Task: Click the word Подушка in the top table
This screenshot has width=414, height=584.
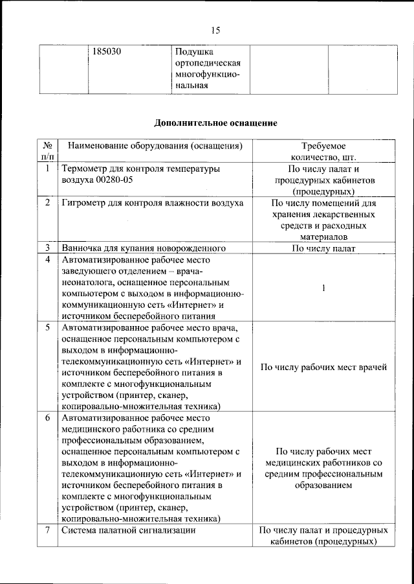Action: (195, 51)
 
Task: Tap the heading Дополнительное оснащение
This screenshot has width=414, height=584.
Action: (215, 121)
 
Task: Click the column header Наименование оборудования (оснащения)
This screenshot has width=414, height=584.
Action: (155, 146)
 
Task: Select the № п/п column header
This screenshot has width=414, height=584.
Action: (47, 152)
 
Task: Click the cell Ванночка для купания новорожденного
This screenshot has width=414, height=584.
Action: (143, 248)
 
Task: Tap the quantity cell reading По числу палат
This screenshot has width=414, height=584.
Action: (323, 248)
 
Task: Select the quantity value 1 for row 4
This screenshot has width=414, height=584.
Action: (323, 288)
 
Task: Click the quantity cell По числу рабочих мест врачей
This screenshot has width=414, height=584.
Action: (323, 368)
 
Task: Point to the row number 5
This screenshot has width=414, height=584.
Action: (47, 327)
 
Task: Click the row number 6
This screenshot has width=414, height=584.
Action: (47, 418)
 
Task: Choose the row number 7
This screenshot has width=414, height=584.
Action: (47, 531)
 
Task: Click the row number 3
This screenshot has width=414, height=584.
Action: (47, 248)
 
